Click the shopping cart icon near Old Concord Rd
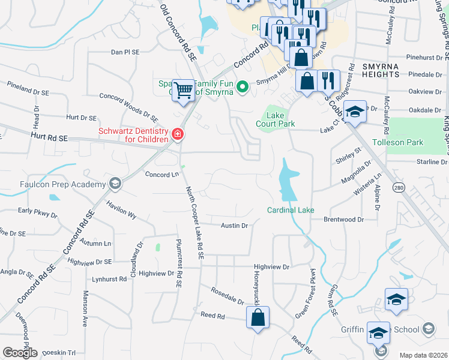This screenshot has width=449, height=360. (184, 91)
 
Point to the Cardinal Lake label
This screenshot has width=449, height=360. (291, 210)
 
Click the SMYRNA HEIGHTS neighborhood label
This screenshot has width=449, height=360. (381, 69)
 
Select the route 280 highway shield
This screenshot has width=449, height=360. (398, 188)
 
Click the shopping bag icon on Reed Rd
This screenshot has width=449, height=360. (258, 319)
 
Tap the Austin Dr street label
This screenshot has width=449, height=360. (234, 226)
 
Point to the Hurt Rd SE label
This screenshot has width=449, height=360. (49, 138)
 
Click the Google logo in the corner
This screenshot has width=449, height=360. (20, 352)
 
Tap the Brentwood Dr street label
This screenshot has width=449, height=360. (344, 220)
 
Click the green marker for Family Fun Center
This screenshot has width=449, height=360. (243, 87)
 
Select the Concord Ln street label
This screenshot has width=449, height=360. (162, 175)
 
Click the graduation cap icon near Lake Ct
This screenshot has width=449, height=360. (355, 113)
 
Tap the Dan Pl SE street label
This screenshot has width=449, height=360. (125, 52)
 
